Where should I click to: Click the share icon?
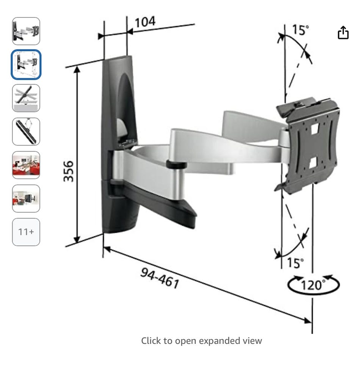pos(343,33)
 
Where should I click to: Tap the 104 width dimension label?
pos(145,22)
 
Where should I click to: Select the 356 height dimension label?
pos(69,171)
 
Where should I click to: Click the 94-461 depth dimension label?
pos(160,278)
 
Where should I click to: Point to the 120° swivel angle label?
pos(313,285)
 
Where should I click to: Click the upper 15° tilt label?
pos(300,30)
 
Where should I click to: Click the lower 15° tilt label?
pos(295,263)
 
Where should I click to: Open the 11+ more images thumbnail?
pos(26,232)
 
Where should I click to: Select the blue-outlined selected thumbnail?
pos(26,65)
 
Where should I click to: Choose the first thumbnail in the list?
pos(26,31)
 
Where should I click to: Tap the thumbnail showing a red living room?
pos(26,165)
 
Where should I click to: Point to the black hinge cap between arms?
pos(176,164)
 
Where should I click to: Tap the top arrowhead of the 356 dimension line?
pos(77,69)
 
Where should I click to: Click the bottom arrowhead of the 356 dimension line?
pos(77,239)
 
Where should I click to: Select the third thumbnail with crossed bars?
pos(26,98)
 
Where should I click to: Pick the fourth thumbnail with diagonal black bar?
pos(26,131)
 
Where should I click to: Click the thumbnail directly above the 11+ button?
pos(26,198)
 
